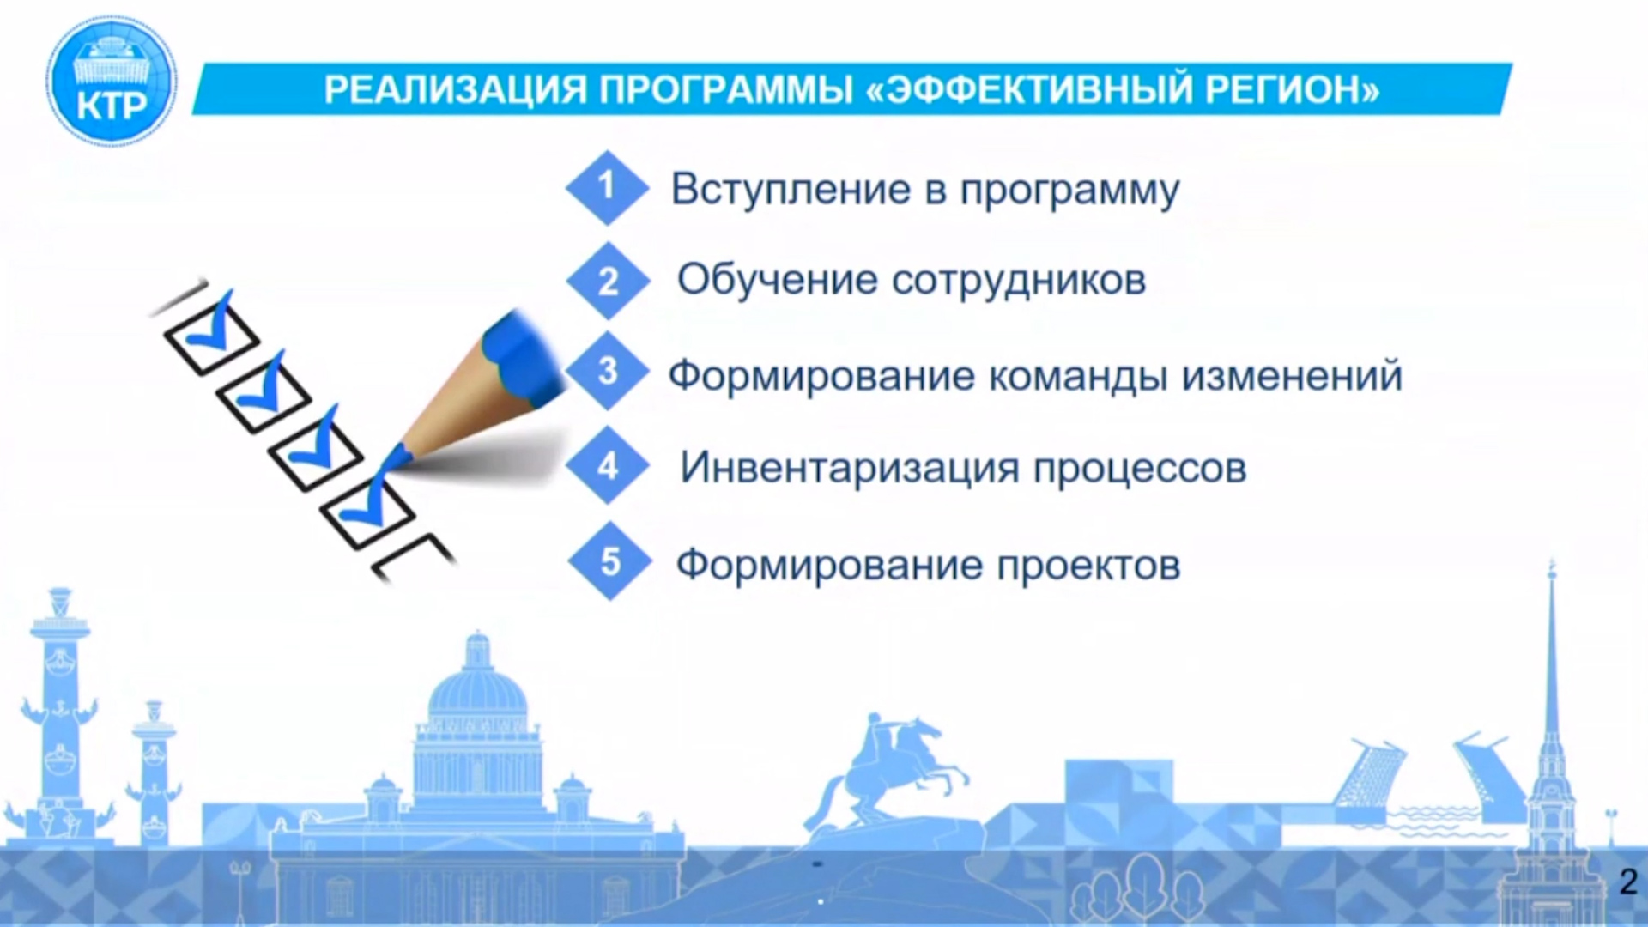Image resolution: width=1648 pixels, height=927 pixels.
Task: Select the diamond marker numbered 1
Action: [607, 187]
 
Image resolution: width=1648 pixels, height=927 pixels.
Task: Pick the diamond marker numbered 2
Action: [608, 281]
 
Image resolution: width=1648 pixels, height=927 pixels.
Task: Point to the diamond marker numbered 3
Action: [608, 371]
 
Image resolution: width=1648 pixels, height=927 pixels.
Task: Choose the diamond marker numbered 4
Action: [608, 465]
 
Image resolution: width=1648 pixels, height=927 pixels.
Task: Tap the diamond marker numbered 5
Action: [609, 561]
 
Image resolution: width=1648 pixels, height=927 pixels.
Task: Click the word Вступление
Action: [791, 190]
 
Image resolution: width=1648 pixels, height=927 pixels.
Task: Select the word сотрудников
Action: [1019, 281]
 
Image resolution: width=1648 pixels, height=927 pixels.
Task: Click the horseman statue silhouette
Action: [893, 768]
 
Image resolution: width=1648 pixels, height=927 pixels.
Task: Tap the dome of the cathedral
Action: [477, 687]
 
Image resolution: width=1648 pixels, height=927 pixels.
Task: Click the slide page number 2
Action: [1627, 882]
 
